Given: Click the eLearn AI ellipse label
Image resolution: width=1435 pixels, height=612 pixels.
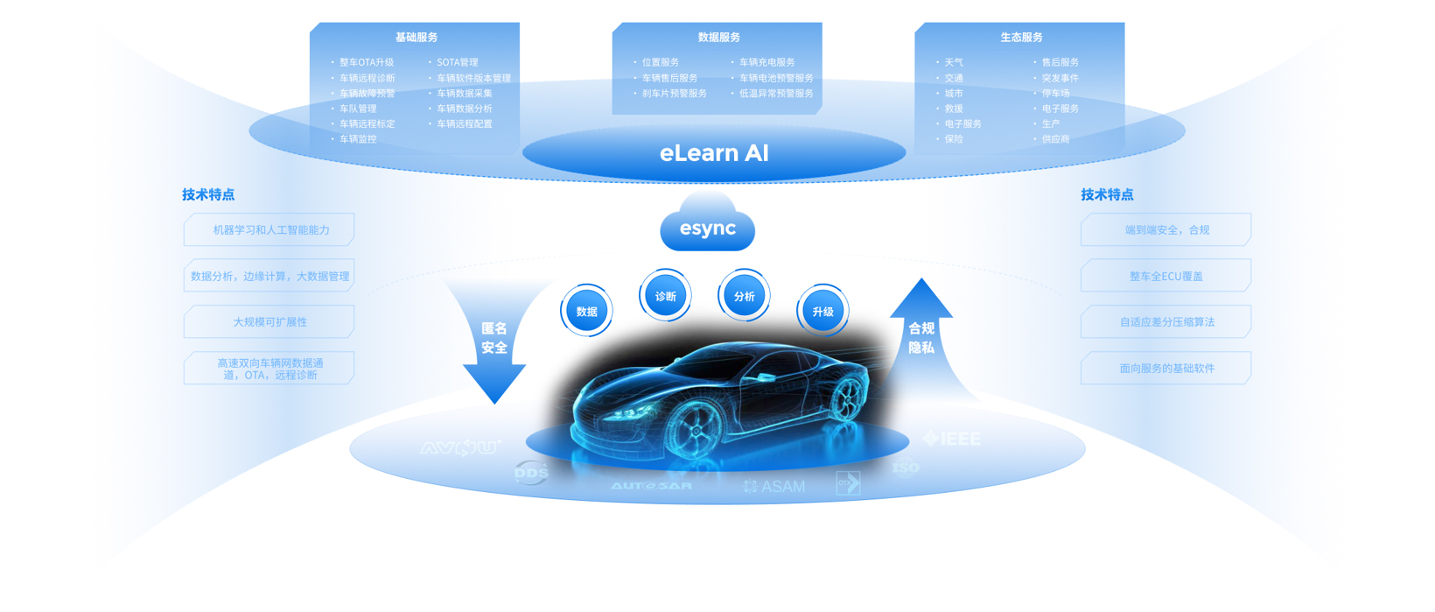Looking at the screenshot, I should click(x=714, y=153).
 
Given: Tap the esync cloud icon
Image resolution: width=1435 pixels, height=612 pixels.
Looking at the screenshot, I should click(x=708, y=228).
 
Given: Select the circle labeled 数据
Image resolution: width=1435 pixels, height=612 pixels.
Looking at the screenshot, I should click(x=586, y=311).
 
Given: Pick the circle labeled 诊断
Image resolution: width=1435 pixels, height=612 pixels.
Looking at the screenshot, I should click(x=665, y=296).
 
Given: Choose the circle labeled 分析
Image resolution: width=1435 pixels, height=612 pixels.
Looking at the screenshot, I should click(x=744, y=296).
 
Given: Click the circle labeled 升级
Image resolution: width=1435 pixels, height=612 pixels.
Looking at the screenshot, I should click(x=822, y=311).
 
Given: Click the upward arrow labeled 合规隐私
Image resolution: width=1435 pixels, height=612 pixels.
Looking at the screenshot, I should click(x=921, y=337).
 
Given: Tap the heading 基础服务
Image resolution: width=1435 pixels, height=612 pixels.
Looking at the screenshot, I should click(x=416, y=38).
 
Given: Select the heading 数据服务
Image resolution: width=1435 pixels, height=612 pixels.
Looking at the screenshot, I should click(x=719, y=38).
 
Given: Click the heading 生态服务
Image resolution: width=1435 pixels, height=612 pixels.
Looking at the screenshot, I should click(x=1021, y=38).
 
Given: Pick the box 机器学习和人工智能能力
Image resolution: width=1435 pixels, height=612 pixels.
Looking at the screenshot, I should click(x=270, y=230).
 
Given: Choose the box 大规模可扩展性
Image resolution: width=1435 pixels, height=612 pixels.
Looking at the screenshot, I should click(x=270, y=322).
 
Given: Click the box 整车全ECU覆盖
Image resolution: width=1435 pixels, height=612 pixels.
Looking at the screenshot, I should click(x=1165, y=276).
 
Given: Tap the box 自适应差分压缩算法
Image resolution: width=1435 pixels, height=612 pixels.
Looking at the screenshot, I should click(x=1165, y=322).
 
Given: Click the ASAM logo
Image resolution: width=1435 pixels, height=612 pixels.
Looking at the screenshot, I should click(x=775, y=486).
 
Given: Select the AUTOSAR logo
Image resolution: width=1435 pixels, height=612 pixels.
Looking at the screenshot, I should click(x=652, y=486).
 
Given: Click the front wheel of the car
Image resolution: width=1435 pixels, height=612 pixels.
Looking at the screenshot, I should click(x=696, y=432).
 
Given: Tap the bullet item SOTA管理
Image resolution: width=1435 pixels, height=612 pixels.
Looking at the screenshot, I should click(x=457, y=62).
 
